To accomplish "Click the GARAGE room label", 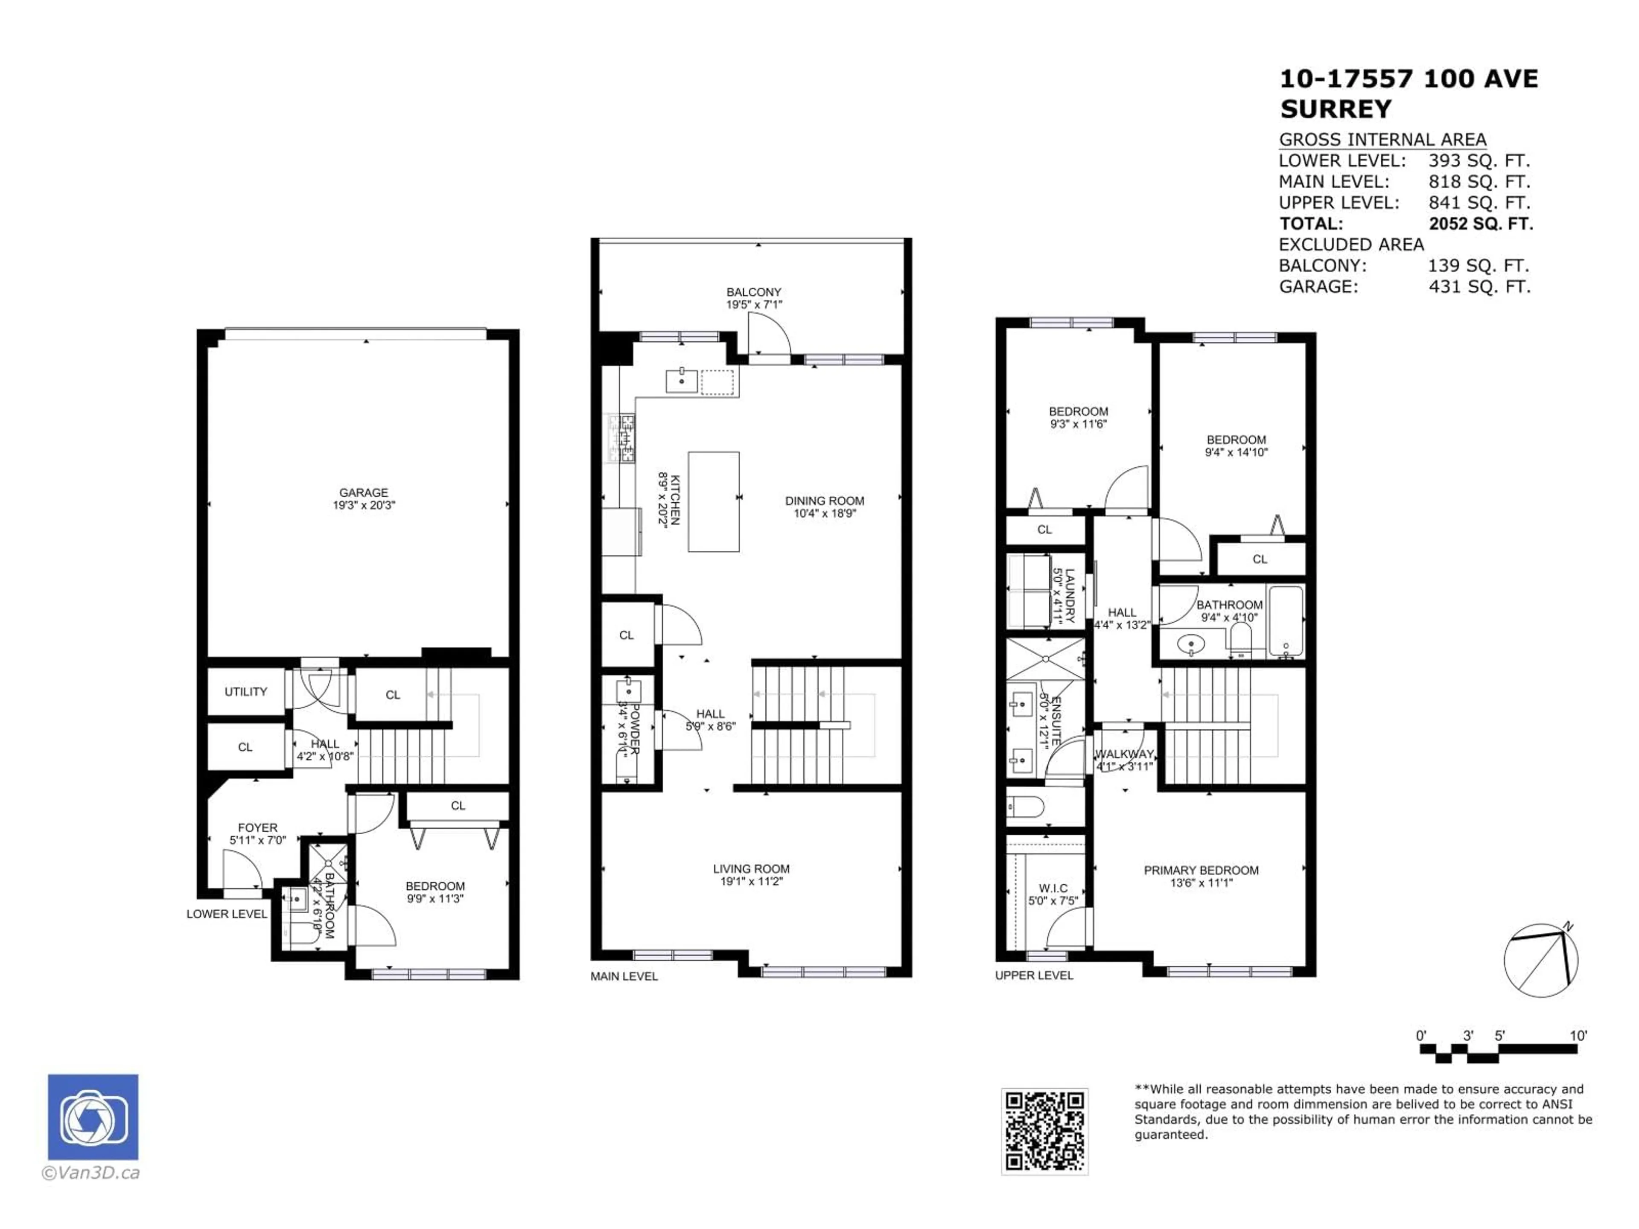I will tap(363, 492).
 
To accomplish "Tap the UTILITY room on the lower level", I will tap(245, 692).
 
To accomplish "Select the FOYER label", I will tap(257, 827).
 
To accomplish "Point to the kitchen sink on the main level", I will tap(681, 381).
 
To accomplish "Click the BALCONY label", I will tap(753, 292).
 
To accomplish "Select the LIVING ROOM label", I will tap(751, 868).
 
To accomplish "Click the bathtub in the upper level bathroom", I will tap(1286, 621).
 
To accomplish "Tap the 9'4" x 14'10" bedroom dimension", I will tap(1236, 452).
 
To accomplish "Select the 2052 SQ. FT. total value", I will tap(1480, 224).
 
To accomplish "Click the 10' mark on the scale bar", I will tap(1578, 1036).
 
